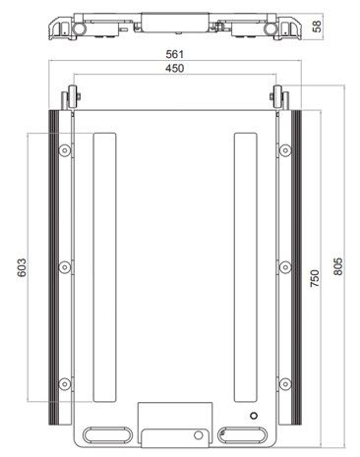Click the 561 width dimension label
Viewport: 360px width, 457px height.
coord(175,54)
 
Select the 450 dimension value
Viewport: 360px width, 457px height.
coord(175,69)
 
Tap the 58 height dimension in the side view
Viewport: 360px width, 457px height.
coord(317,26)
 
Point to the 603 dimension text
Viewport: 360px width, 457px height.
coord(22,267)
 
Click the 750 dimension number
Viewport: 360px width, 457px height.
coord(315,278)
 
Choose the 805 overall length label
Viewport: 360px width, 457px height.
coord(338,266)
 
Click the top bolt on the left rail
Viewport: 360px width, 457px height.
coord(65,150)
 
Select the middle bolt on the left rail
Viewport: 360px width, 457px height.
coord(65,267)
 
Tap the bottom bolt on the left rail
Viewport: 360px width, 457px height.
coord(65,384)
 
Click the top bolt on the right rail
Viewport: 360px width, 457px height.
coord(285,150)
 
